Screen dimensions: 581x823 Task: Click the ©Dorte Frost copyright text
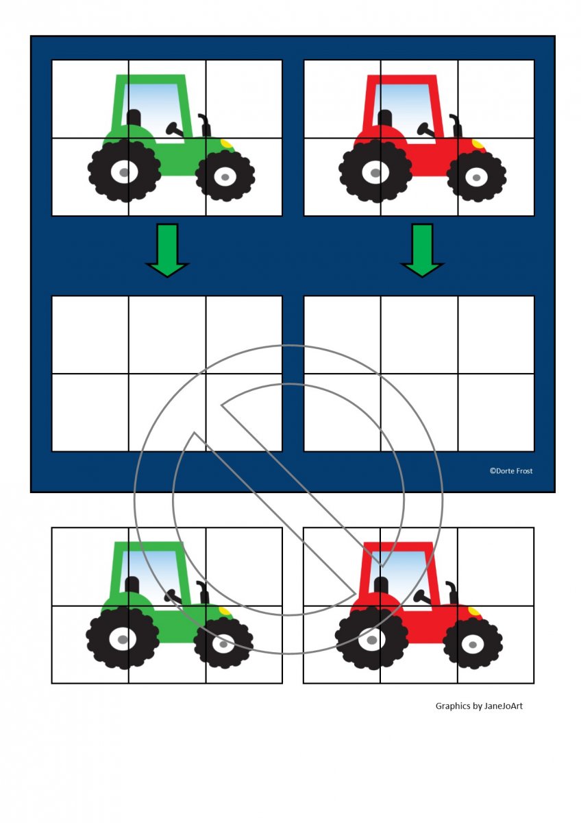point(511,471)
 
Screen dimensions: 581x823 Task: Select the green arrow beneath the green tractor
point(167,250)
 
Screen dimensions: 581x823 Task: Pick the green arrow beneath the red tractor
point(422,250)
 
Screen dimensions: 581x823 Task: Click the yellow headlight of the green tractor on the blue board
point(227,143)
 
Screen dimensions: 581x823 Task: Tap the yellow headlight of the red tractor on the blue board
point(478,143)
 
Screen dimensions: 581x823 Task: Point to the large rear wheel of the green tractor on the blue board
point(124,171)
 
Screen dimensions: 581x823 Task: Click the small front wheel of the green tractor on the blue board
point(225,176)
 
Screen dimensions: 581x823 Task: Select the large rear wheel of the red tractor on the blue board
point(375,171)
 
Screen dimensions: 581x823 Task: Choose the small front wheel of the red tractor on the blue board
point(476,177)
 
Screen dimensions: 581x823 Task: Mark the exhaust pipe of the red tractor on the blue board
point(456,126)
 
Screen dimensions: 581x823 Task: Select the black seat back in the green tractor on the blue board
point(134,118)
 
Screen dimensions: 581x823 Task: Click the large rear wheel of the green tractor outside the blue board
point(123,639)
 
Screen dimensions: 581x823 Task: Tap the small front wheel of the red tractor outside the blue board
point(473,644)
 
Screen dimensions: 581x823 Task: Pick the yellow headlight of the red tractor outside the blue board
point(474,611)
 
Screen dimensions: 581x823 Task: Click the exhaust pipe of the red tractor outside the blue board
point(453,593)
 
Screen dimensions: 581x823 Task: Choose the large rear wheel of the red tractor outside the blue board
point(371,639)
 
